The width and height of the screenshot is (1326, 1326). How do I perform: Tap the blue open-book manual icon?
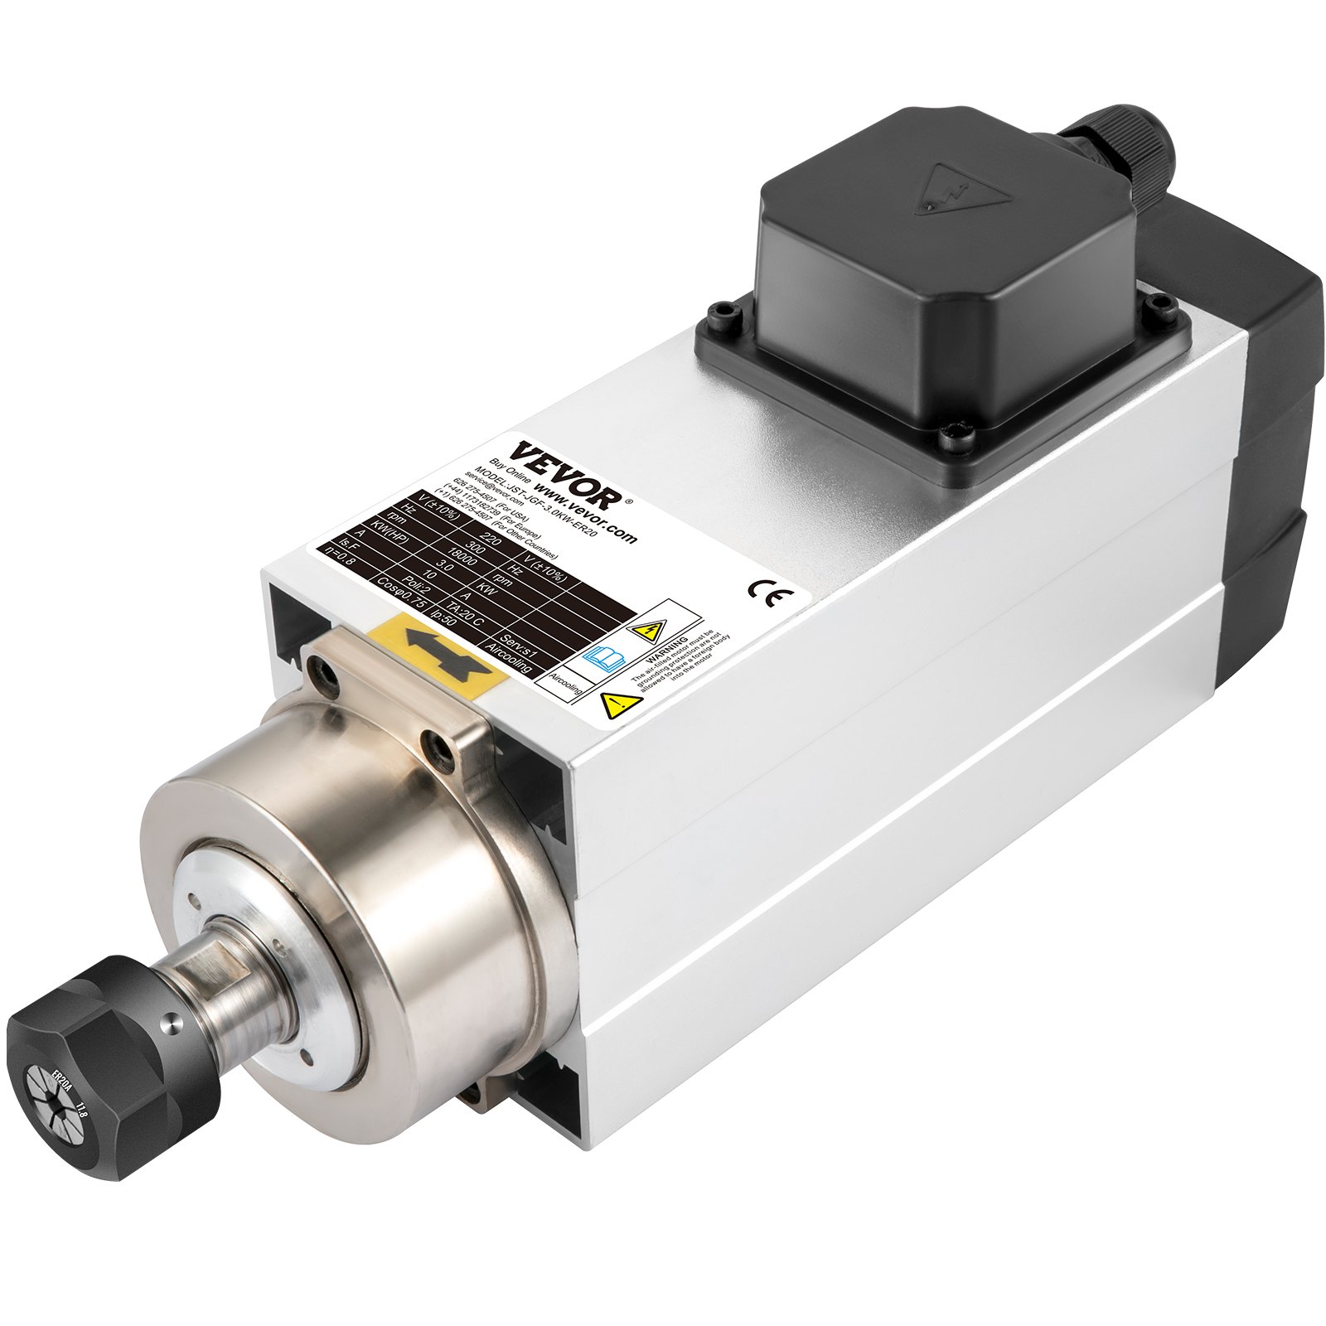tap(604, 658)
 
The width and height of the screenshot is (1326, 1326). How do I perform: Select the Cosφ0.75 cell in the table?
tap(403, 592)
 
